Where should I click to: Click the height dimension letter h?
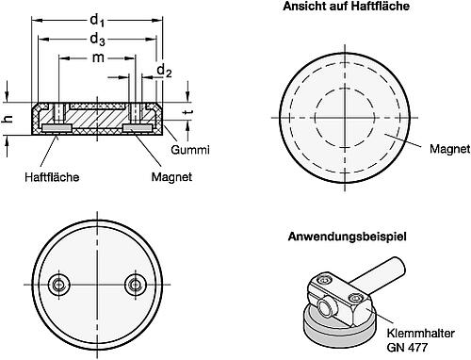8,118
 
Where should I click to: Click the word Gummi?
190,151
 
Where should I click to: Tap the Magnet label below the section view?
145,176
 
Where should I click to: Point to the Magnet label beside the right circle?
448,149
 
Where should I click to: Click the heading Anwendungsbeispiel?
347,236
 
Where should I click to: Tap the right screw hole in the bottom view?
137,286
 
